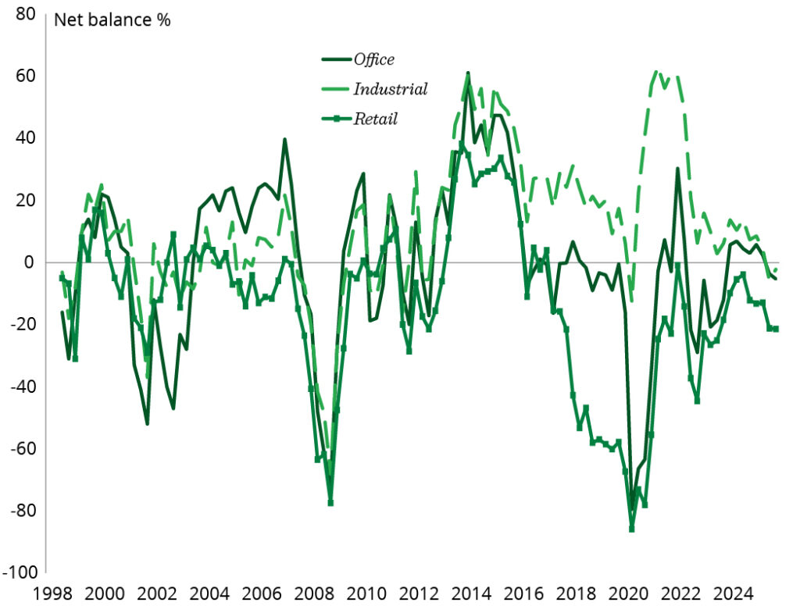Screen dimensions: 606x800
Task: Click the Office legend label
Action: (x=374, y=59)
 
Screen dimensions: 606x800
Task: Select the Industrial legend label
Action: (x=391, y=89)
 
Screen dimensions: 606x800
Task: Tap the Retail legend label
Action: (x=376, y=119)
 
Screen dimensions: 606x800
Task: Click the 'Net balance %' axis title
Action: (x=112, y=20)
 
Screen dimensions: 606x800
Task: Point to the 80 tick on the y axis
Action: (x=25, y=15)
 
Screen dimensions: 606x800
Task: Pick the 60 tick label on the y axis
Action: (x=25, y=77)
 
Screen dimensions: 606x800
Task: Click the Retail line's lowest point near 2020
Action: (x=631, y=529)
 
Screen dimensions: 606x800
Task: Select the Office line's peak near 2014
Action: (x=467, y=73)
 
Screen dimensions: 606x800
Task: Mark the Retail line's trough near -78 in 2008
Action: (x=330, y=503)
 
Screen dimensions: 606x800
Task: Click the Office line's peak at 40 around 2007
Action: (x=284, y=140)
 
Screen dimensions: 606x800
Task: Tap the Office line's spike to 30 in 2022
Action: (x=677, y=169)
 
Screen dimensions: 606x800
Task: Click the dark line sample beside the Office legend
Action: (x=336, y=59)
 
